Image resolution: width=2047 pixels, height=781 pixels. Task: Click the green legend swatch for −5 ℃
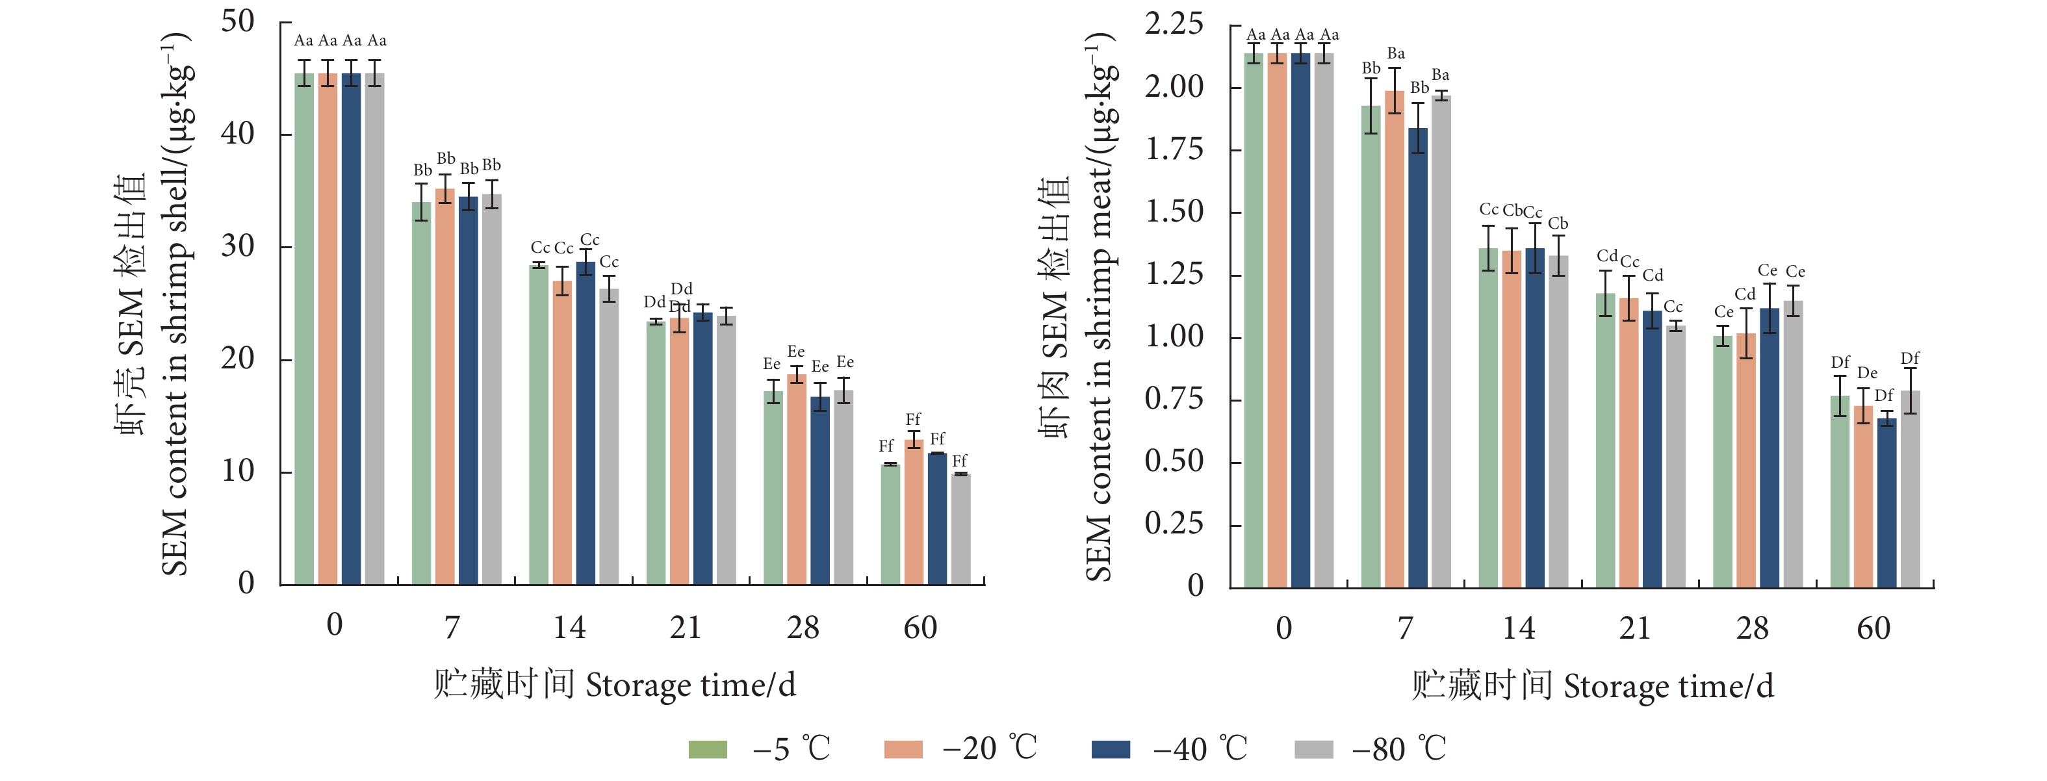[707, 749]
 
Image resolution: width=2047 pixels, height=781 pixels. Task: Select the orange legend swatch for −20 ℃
[903, 749]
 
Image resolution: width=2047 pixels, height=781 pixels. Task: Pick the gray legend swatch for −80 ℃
[1313, 749]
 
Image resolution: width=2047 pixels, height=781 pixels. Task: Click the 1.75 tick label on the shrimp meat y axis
[1173, 149]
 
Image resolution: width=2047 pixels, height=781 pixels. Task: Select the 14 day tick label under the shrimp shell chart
[569, 628]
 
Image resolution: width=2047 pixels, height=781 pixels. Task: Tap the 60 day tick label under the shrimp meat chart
[1873, 628]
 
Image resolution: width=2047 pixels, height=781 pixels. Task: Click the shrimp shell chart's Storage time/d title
[614, 685]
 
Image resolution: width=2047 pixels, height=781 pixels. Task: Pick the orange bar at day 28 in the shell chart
[796, 480]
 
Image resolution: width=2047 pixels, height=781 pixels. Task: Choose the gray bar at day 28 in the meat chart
[1793, 444]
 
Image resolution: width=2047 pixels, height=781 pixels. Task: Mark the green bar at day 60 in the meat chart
[1840, 492]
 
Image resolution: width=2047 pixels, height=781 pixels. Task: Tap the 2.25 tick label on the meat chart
[1173, 24]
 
